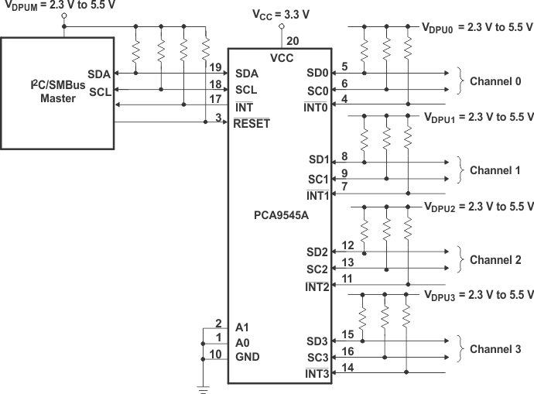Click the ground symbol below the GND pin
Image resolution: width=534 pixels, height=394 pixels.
click(x=204, y=389)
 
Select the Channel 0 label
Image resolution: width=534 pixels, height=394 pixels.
click(x=495, y=81)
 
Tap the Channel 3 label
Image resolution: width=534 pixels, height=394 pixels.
click(x=495, y=349)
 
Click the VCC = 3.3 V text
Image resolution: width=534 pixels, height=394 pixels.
click(x=282, y=15)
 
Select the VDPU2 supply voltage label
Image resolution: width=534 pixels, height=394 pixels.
click(x=478, y=207)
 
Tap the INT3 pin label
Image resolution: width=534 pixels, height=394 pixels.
click(x=317, y=375)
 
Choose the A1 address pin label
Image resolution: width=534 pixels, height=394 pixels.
click(x=241, y=327)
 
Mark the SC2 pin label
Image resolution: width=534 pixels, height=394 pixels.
click(x=317, y=269)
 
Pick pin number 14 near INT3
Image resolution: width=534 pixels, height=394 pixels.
click(x=347, y=368)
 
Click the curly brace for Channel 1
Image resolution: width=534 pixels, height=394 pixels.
click(x=461, y=170)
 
